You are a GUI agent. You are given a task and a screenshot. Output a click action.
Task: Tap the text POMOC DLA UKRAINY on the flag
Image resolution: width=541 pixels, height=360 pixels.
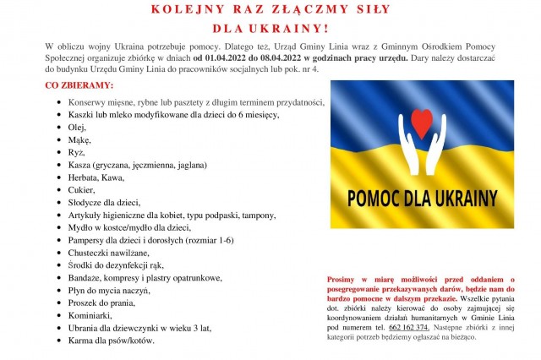point(419,199)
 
